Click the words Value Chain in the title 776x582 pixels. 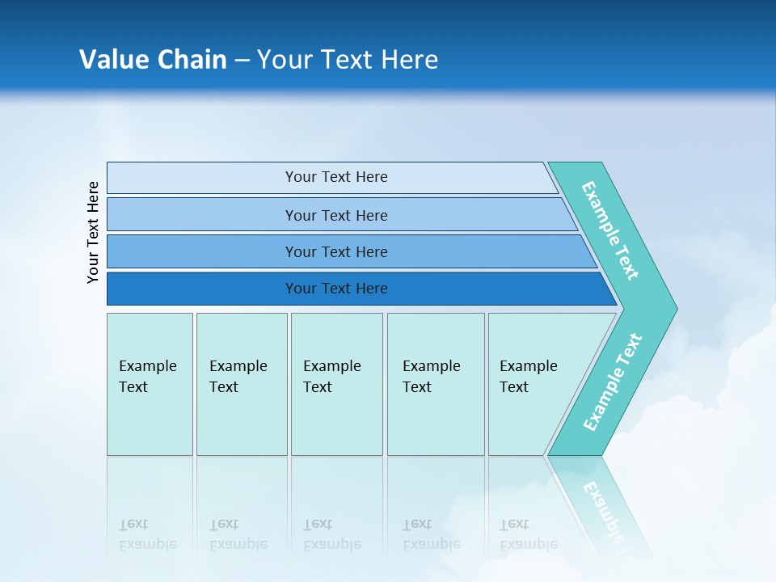153,60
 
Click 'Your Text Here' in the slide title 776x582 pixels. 348,60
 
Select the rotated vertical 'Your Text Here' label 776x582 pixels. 94,232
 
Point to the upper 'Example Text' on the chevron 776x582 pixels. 610,230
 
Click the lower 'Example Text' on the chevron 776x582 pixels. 613,382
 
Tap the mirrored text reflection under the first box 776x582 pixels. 148,534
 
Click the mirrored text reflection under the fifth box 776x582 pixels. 528,534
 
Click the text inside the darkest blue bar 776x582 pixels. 336,289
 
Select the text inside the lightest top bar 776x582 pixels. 336,177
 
